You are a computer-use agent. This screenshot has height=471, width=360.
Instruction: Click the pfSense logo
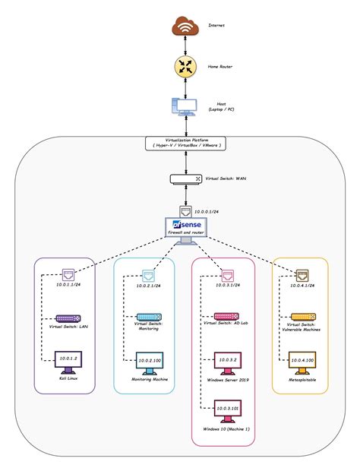(x=179, y=226)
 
